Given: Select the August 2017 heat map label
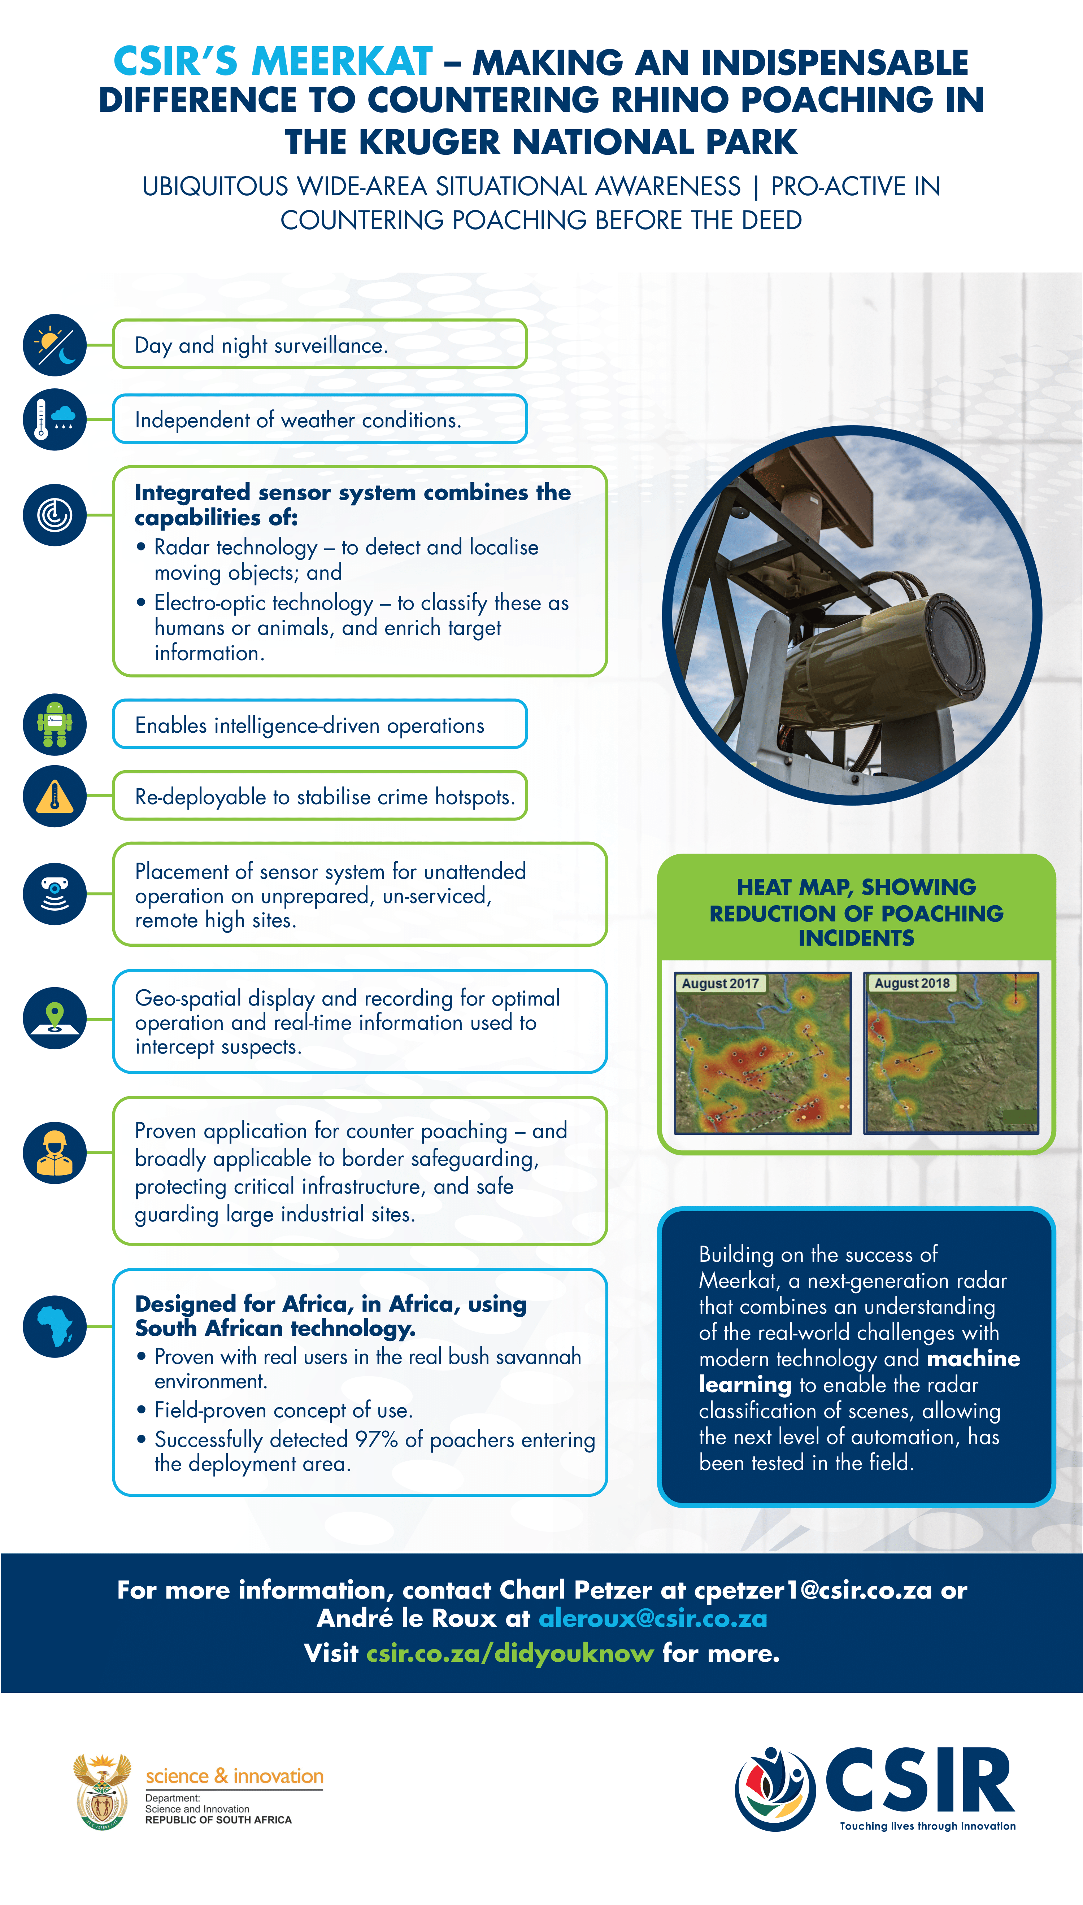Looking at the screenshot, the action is [x=720, y=983].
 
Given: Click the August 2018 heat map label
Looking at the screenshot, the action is [x=912, y=983].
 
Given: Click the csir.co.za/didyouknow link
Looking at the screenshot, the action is [x=510, y=1653].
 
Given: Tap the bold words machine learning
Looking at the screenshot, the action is [x=859, y=1371].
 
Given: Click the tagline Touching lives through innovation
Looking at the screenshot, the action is [x=927, y=1826].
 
